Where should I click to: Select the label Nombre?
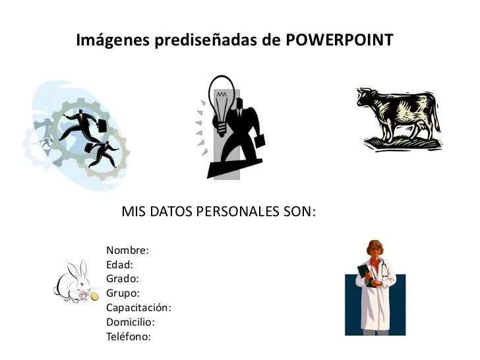pyautogui.click(x=127, y=251)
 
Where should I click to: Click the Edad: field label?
pyautogui.click(x=119, y=265)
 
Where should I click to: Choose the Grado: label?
pyautogui.click(x=123, y=279)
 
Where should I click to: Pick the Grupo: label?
pyautogui.click(x=123, y=293)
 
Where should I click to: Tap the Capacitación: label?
pyautogui.click(x=138, y=308)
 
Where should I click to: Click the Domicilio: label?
pyautogui.click(x=130, y=322)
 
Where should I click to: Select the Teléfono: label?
pyautogui.click(x=129, y=337)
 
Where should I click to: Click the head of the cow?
pyautogui.click(x=365, y=98)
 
